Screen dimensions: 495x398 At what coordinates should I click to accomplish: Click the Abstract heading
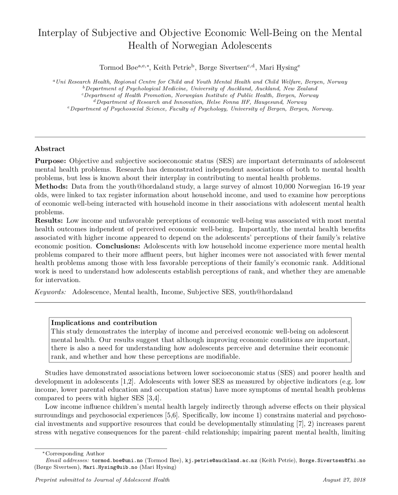point(50,149)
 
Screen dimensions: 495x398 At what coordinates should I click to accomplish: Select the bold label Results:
point(49,221)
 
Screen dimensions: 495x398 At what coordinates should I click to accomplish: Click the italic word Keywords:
point(50,292)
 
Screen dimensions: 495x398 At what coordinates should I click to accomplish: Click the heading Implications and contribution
point(104,323)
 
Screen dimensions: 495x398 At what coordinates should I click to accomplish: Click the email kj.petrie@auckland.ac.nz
point(221,461)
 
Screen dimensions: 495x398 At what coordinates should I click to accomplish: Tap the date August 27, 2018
point(344,480)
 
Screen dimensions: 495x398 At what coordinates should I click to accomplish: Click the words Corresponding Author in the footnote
point(75,453)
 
